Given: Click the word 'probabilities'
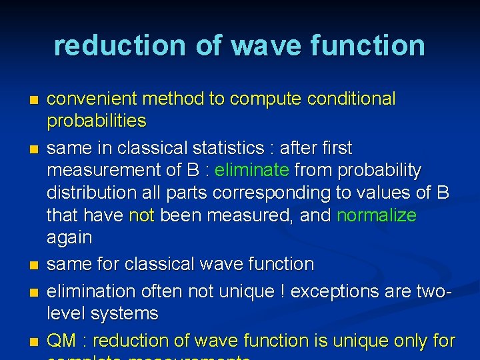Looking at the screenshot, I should click(96, 121).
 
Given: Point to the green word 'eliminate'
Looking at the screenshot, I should click(252, 171).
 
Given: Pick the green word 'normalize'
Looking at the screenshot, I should click(377, 215).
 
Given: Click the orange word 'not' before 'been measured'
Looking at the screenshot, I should click(141, 215).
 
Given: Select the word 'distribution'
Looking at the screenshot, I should click(87, 193).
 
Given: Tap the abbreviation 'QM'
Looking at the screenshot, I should click(62, 341).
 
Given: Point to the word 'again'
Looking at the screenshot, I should click(69, 238).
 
